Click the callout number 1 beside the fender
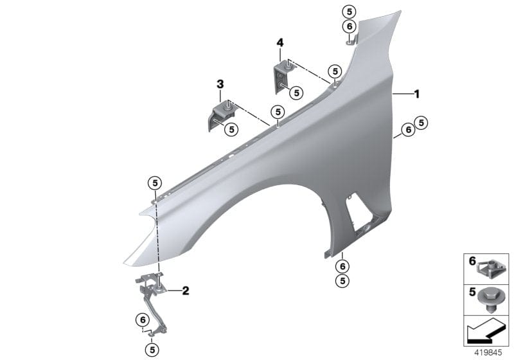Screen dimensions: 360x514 416,94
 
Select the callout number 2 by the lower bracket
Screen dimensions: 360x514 186,291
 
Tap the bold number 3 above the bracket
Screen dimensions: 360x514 220,84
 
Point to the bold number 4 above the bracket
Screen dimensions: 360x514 279,42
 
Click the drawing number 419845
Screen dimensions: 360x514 486,353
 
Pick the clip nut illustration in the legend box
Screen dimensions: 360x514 492,264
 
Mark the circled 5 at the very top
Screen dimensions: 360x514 349,12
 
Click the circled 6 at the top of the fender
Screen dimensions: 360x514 349,26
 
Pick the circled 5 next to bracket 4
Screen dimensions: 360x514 296,93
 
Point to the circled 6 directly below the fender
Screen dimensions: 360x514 342,266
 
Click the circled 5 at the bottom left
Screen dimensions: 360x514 152,350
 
